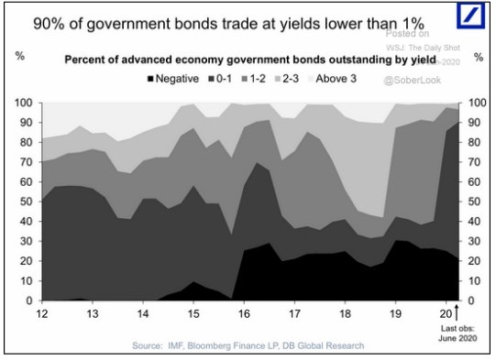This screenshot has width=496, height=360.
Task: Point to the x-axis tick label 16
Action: point(243,313)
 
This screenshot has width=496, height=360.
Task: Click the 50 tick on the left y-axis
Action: point(25,202)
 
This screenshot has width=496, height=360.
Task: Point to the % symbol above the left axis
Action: point(19,57)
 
